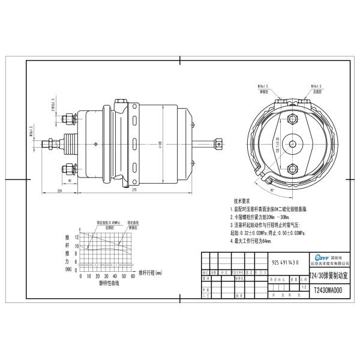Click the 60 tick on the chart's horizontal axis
132,276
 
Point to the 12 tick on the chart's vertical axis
77,238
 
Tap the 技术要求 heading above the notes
242,202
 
